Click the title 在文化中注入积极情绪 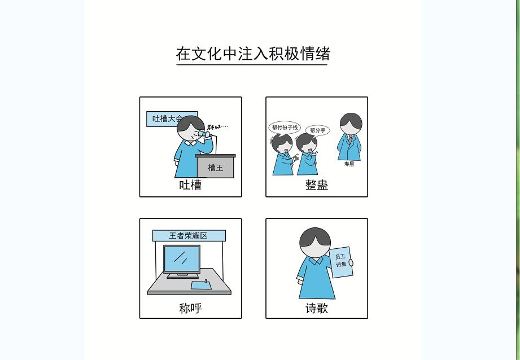point(252,54)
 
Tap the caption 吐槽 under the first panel point(190,185)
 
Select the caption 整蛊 point(316,185)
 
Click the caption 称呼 point(190,308)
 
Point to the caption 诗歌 point(316,308)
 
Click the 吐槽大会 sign point(167,119)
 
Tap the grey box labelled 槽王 point(215,168)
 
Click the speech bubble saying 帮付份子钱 point(285,128)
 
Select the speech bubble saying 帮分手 point(317,130)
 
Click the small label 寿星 point(349,164)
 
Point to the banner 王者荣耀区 point(189,235)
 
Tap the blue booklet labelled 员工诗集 point(341,262)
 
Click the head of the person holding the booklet point(314,243)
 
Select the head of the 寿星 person point(351,124)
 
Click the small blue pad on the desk point(201,285)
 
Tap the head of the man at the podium point(190,130)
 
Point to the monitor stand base point(182,276)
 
